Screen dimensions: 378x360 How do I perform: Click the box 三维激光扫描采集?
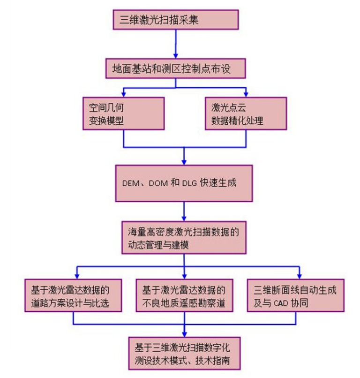[176, 20]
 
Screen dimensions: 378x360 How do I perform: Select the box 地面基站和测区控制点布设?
[175, 68]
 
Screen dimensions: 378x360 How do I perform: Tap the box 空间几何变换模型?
[123, 113]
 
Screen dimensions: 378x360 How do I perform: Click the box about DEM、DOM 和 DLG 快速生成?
[185, 183]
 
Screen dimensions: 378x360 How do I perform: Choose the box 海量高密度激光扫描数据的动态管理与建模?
[185, 239]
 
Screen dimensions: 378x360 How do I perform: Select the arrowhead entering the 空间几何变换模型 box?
[123, 94]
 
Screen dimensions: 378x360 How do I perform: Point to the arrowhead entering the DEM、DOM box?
[185, 160]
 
